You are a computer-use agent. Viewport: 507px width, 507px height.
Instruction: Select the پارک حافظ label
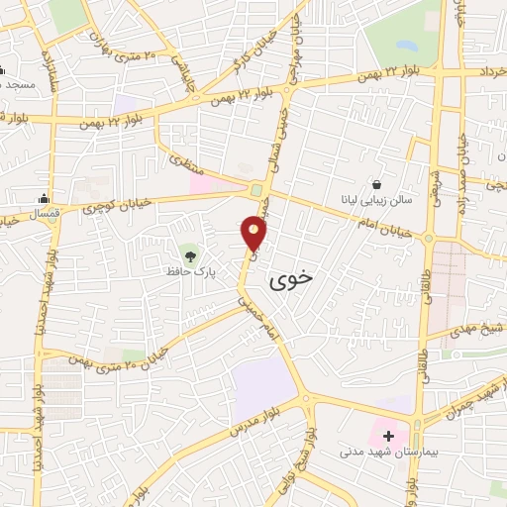click(x=189, y=268)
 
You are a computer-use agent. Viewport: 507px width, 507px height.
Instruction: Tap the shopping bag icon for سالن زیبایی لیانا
click(x=377, y=184)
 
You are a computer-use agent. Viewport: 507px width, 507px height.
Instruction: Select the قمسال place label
click(x=44, y=212)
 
